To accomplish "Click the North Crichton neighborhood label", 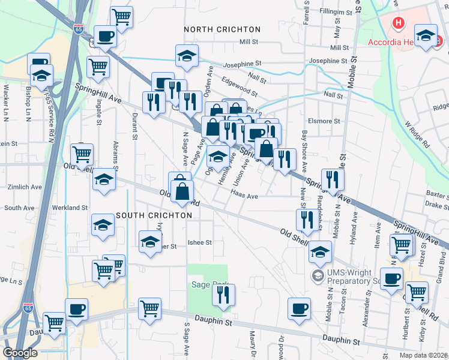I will click(x=222, y=29).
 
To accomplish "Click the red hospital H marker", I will click(x=397, y=24).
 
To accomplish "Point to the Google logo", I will click(x=20, y=353).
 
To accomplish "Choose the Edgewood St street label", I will click(x=240, y=90).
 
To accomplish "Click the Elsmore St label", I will click(x=324, y=121).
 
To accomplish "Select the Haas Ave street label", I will click(x=244, y=196).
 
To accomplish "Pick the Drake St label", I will click(x=433, y=205).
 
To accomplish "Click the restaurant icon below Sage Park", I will click(x=223, y=295).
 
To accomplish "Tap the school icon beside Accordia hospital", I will click(x=426, y=36).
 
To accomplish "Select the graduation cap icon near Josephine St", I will click(x=187, y=56).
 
